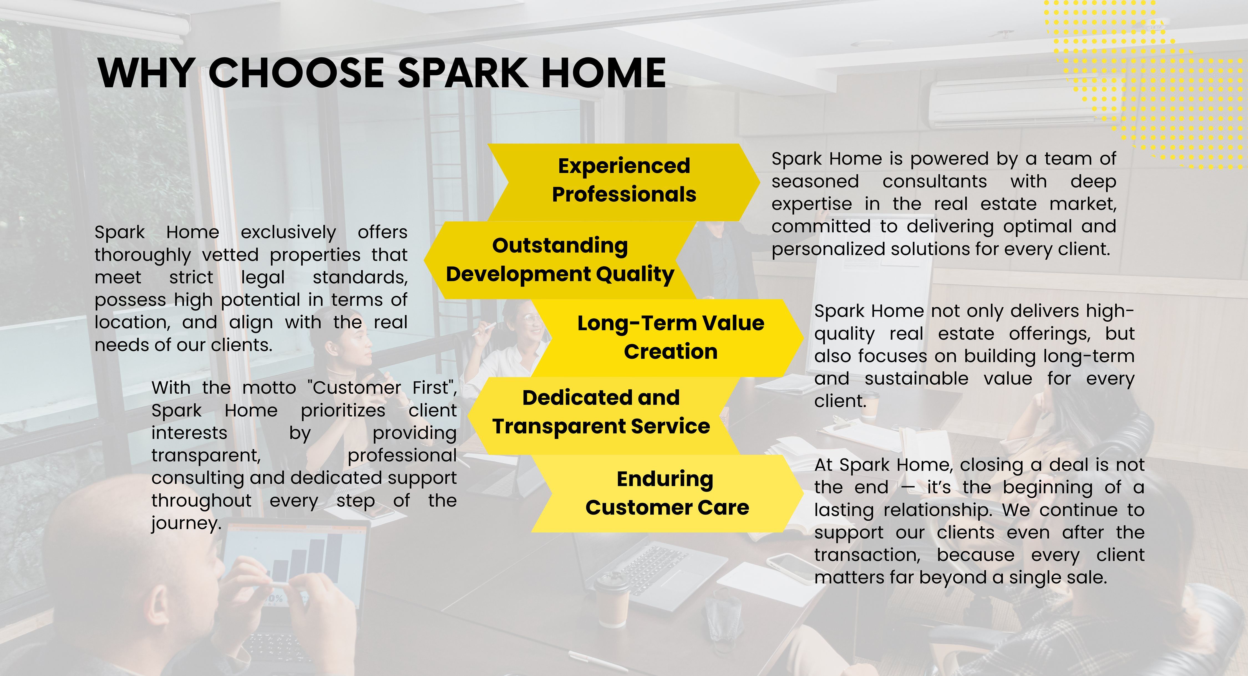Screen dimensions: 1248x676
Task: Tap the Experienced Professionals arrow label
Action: click(x=624, y=180)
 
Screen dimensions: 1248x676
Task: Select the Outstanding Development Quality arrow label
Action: click(x=560, y=260)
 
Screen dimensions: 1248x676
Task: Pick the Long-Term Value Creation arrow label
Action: click(x=671, y=337)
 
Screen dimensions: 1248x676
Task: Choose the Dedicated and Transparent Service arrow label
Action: click(x=601, y=412)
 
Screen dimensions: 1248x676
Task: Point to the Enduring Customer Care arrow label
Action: click(x=667, y=493)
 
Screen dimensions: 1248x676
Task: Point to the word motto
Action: click(x=269, y=388)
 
